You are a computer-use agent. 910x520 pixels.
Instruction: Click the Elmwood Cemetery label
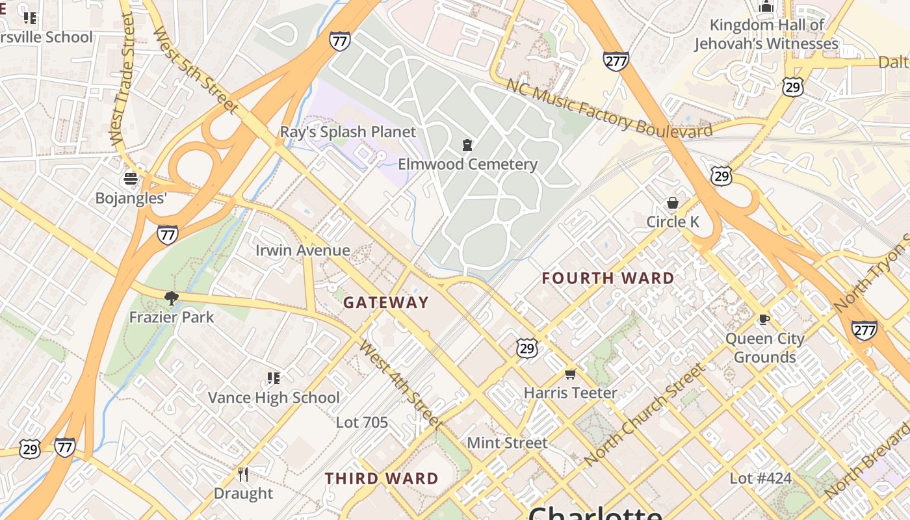point(467,164)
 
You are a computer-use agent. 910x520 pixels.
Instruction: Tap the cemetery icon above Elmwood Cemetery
point(467,144)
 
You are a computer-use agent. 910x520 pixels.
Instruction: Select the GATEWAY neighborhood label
point(386,302)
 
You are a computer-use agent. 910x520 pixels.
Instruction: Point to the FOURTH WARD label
point(608,278)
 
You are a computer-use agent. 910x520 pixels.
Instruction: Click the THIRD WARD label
point(382,479)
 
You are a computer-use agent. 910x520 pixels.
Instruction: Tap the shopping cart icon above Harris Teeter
point(570,374)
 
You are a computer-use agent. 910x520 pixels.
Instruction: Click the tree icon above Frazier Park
point(172,298)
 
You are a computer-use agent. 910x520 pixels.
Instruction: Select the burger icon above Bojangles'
point(131,179)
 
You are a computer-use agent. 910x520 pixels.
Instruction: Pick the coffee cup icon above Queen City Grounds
point(764,319)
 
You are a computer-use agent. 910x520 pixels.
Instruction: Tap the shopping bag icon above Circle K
point(672,203)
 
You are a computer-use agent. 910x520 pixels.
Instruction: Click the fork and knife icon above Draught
point(243,474)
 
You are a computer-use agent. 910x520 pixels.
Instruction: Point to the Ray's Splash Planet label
point(348,132)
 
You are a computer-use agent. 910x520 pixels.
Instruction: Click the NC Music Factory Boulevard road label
point(609,109)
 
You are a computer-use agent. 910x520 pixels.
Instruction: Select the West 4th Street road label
point(400,384)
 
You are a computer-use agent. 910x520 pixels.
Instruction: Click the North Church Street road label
point(644,415)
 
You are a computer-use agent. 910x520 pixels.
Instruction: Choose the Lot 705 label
point(361,422)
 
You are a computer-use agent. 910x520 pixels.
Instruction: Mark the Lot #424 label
point(760,479)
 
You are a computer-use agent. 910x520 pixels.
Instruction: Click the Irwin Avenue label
point(302,250)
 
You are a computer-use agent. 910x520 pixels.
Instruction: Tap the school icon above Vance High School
point(274,378)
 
